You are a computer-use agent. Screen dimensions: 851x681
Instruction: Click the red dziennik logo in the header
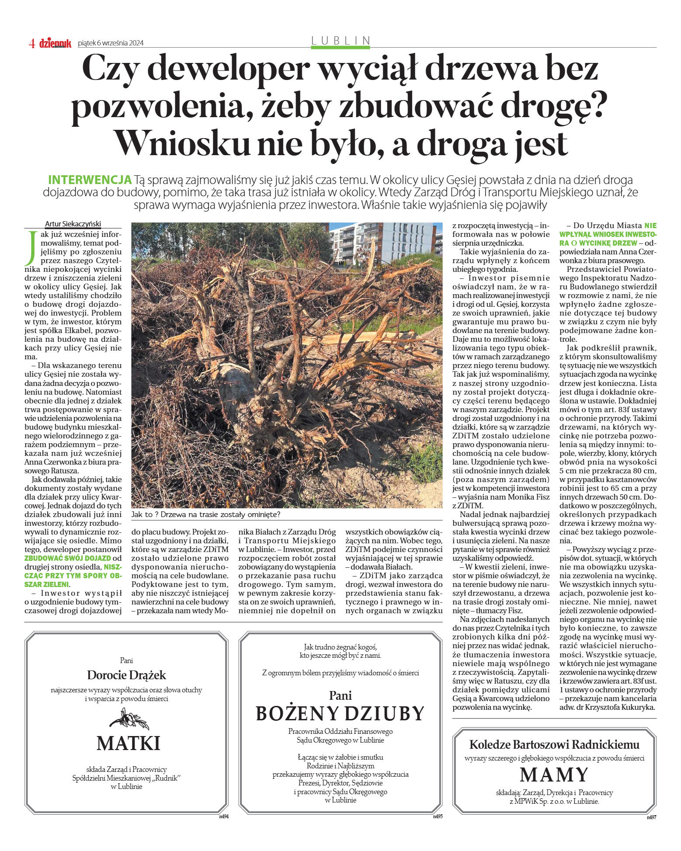point(55,43)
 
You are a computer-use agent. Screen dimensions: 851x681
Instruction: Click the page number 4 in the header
point(32,43)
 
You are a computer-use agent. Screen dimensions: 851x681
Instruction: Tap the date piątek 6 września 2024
point(111,43)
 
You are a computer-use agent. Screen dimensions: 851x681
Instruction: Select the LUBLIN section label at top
point(340,41)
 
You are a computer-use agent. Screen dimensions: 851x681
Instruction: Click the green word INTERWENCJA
point(90,180)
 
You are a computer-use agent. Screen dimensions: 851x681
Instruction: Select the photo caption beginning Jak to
point(205,514)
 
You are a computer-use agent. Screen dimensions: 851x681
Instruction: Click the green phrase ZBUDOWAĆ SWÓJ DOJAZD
point(68,558)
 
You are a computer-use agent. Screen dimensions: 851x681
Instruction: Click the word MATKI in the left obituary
point(128,743)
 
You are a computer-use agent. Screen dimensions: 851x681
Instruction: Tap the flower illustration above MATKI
point(129,719)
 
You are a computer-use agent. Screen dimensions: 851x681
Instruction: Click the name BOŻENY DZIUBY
point(340,714)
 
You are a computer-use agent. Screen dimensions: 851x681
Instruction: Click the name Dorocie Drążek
point(126,675)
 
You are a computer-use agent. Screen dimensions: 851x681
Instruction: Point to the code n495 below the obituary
point(438,816)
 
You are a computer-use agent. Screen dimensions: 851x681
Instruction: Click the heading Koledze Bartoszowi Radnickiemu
point(554,745)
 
